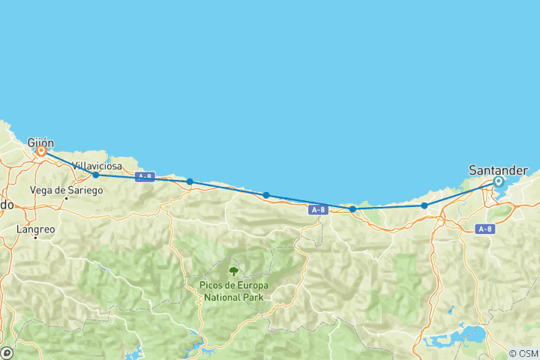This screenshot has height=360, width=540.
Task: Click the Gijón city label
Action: pyautogui.click(x=41, y=141)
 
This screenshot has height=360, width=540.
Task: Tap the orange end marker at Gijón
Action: pyautogui.click(x=41, y=151)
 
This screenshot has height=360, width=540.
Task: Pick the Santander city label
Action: pyautogui.click(x=498, y=170)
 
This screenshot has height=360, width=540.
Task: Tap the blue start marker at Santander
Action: pyautogui.click(x=498, y=181)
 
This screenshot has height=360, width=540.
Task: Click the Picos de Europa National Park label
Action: pyautogui.click(x=234, y=291)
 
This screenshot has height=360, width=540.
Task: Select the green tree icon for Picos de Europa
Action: pyautogui.click(x=234, y=271)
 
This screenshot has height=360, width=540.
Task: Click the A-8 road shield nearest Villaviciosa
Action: pyautogui.click(x=145, y=177)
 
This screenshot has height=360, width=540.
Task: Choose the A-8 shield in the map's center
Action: pyautogui.click(x=318, y=211)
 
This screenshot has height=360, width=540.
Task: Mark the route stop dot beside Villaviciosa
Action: pyautogui.click(x=96, y=175)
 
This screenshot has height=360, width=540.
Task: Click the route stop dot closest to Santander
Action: pyautogui.click(x=424, y=205)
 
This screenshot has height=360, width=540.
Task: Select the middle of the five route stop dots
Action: pyautogui.click(x=266, y=195)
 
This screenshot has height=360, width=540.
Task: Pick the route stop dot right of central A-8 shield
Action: pyautogui.click(x=352, y=209)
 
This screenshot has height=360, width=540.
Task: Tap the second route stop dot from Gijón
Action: pyautogui.click(x=190, y=181)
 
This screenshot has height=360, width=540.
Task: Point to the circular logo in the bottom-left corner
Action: pyautogui.click(x=7, y=352)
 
